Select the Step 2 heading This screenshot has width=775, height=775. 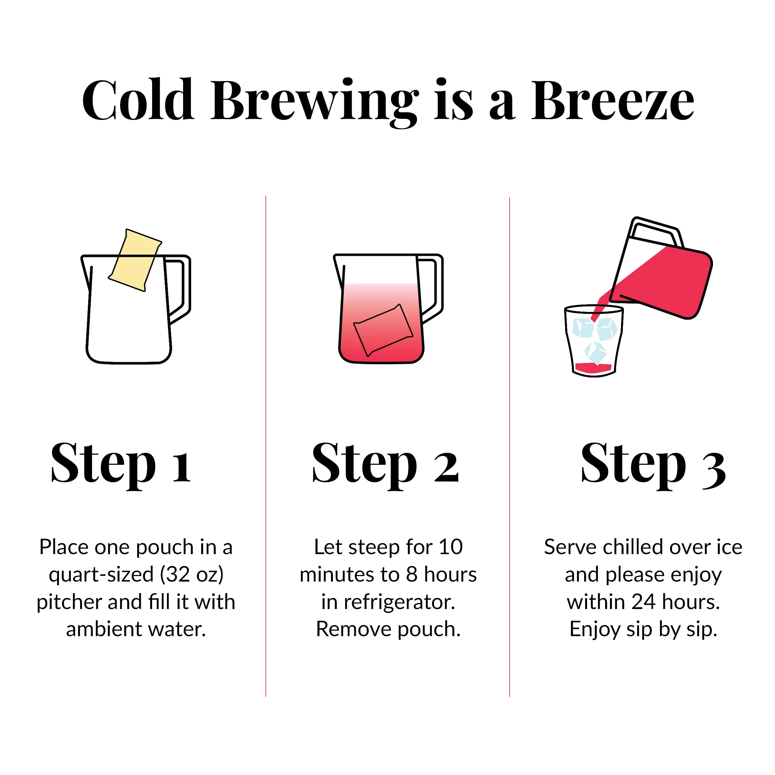tap(385, 465)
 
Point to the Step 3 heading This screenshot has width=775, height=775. tap(654, 465)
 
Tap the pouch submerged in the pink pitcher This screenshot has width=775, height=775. tap(383, 330)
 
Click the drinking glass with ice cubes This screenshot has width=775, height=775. tap(594, 341)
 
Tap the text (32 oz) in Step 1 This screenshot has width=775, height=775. tap(192, 574)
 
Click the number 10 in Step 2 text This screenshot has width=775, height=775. tap(450, 547)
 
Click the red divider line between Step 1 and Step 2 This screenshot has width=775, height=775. tap(265, 446)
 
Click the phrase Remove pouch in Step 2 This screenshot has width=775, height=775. tap(388, 629)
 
